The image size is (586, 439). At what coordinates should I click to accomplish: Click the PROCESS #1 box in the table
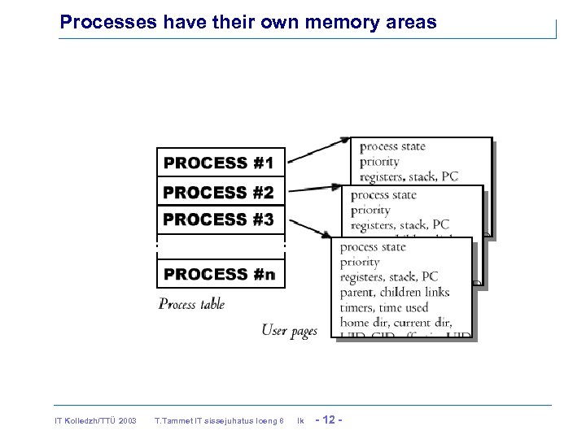tap(221, 163)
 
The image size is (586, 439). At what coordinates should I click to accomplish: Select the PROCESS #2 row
tap(221, 193)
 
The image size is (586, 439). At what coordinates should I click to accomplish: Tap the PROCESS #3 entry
tap(221, 219)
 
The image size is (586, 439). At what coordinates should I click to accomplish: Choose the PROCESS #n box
tap(221, 274)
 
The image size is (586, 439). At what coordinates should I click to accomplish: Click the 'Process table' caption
tap(191, 304)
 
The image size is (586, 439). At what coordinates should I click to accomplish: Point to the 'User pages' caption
tap(289, 330)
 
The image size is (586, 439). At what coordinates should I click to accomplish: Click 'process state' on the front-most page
tap(372, 247)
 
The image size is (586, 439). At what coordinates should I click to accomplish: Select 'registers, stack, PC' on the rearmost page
tap(409, 176)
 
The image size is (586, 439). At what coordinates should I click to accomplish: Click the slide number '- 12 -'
tap(327, 419)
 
